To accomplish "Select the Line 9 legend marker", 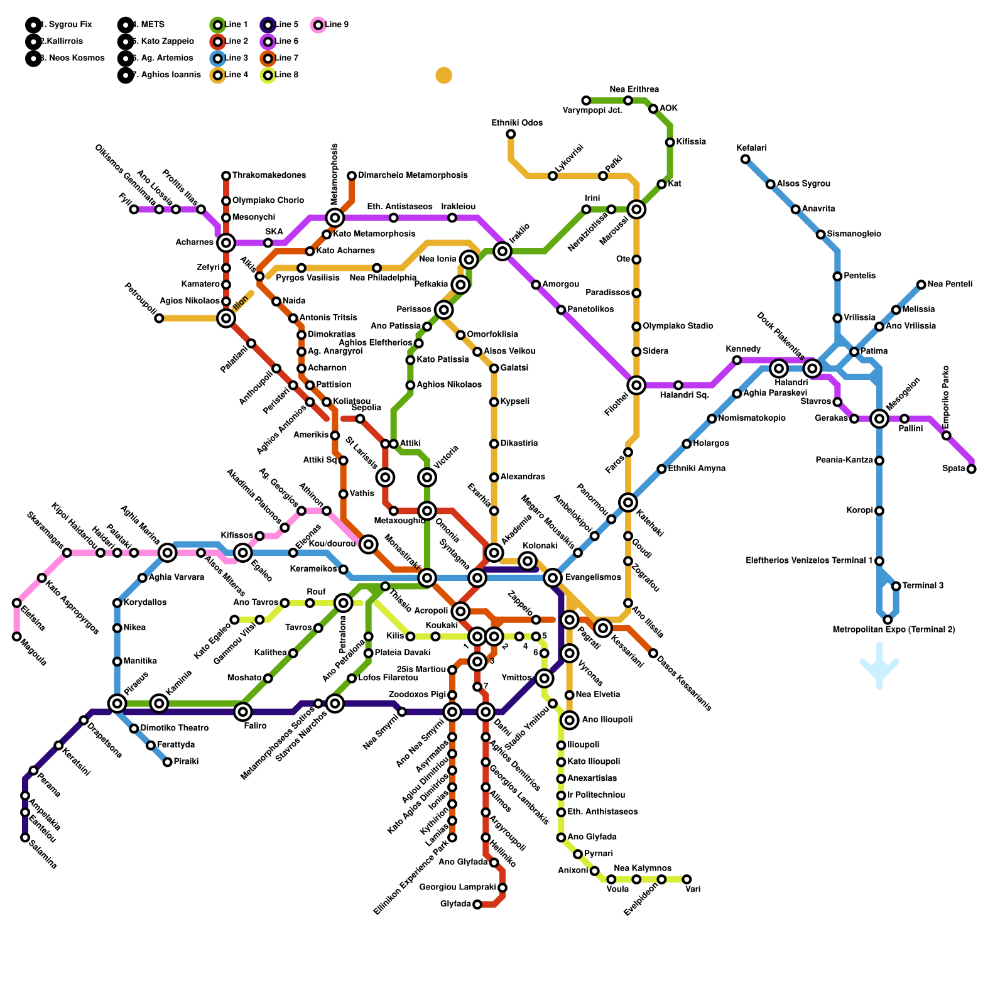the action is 318,25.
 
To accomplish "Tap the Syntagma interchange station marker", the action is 477,578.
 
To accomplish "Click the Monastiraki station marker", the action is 427,578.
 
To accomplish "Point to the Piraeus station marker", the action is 117,703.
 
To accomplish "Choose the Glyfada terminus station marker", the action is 477,905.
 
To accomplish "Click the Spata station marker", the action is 972,469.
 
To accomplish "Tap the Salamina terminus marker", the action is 25,837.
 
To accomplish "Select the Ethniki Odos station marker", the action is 511,134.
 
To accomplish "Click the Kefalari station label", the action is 751,148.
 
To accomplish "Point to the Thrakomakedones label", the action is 269,175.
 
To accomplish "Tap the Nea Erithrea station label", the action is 634,89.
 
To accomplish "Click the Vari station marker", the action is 687,879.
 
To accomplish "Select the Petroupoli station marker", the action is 159,318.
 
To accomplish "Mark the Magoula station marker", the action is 17,636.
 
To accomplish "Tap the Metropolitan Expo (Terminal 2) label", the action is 894,629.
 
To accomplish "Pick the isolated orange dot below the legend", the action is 444,75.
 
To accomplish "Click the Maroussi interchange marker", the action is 636,209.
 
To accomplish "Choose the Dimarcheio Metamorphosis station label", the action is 413,175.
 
